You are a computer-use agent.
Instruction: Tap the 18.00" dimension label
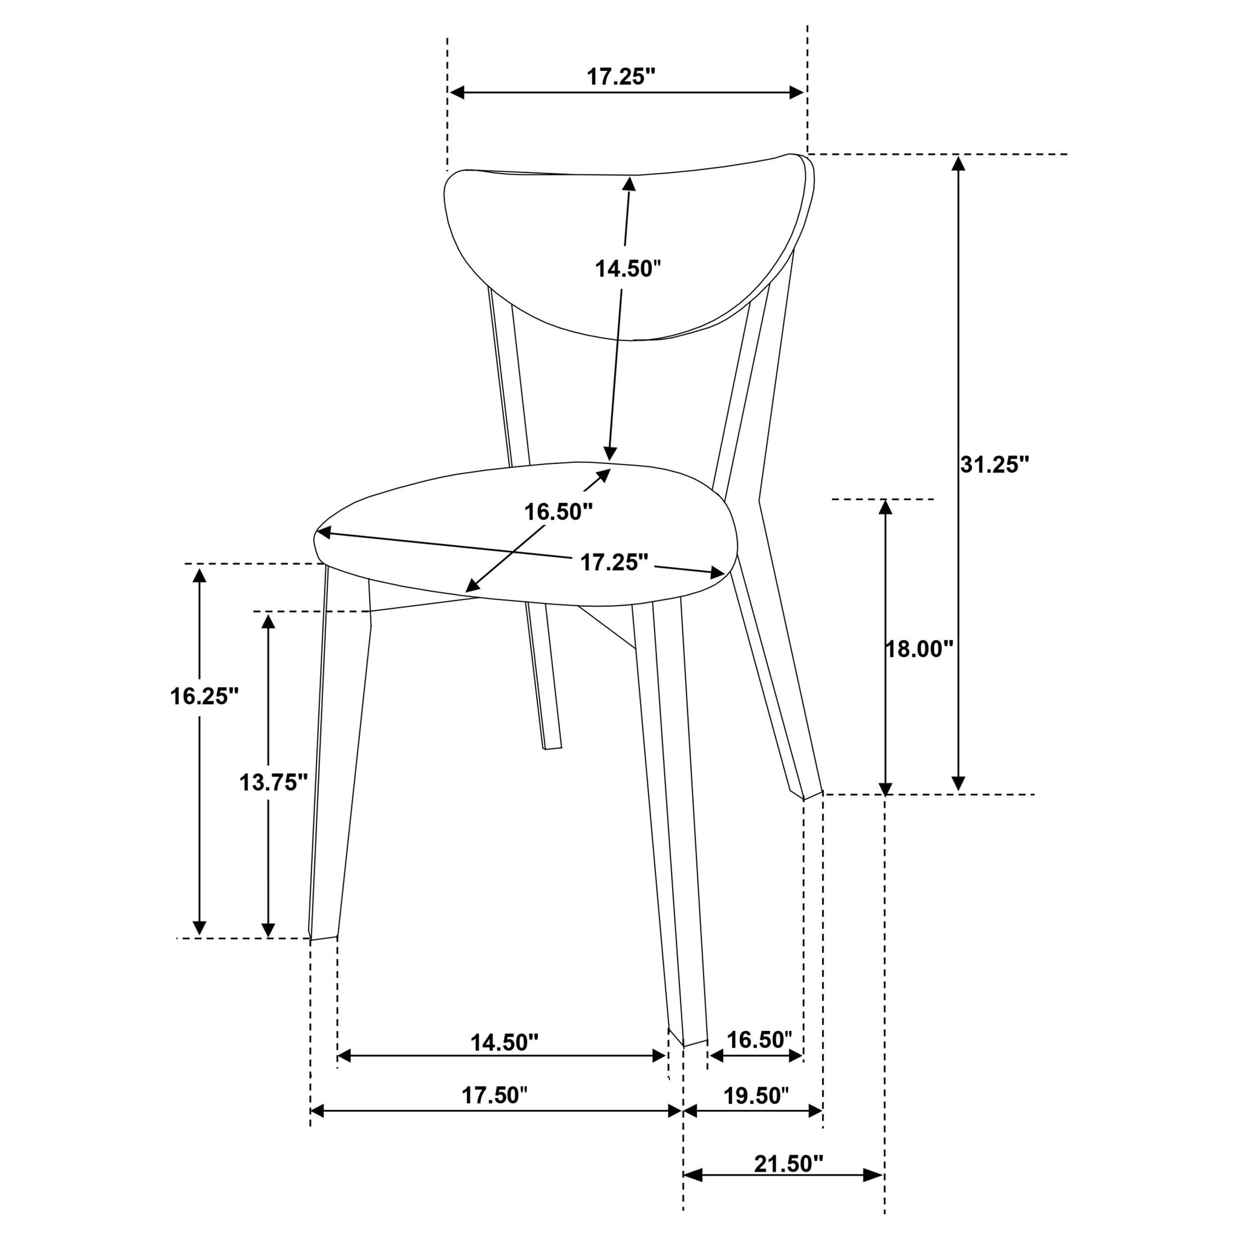tap(920, 650)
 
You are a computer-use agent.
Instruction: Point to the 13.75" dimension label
tap(273, 782)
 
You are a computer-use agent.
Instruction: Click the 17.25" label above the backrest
tap(621, 77)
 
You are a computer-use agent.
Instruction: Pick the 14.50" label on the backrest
tap(628, 269)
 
